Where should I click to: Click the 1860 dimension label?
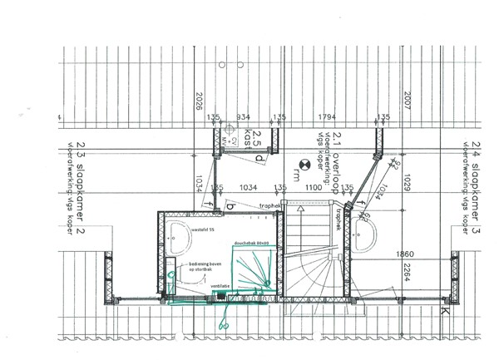pyautogui.click(x=406, y=253)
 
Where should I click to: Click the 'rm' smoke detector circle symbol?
pyautogui.click(x=305, y=165)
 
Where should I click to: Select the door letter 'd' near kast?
pyautogui.click(x=259, y=157)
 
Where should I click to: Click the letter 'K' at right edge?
pyautogui.click(x=444, y=313)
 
